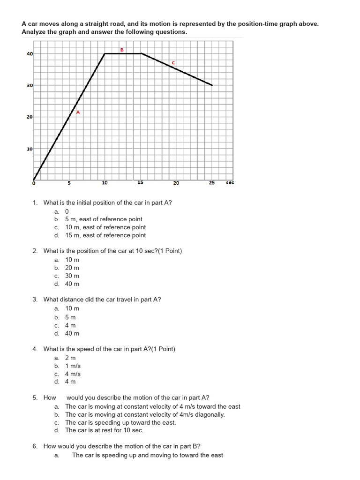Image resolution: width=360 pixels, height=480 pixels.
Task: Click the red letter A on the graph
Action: (x=78, y=112)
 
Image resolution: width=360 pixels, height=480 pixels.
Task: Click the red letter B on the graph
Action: (x=122, y=49)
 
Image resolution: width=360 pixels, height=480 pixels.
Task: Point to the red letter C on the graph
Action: (x=173, y=62)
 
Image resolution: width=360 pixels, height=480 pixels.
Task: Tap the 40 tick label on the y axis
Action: (x=30, y=54)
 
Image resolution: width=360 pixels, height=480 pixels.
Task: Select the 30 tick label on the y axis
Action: (x=30, y=86)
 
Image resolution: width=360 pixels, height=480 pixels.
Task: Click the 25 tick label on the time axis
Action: (x=212, y=183)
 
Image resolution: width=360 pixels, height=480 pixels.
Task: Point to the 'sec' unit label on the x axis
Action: (x=230, y=183)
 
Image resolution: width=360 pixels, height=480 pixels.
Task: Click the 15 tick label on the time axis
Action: (x=140, y=183)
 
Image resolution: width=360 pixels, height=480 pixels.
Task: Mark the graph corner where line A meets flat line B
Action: (x=105, y=53)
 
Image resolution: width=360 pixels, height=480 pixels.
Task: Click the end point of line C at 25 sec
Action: (x=212, y=85)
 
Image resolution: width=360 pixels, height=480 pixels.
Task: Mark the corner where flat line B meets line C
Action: (x=141, y=53)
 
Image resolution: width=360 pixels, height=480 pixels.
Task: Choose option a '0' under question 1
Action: (x=67, y=211)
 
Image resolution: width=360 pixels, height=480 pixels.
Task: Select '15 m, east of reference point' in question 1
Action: (x=105, y=235)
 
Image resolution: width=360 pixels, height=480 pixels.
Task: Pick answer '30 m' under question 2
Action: (x=72, y=276)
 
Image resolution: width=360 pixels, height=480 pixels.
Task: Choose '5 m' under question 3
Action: (x=70, y=317)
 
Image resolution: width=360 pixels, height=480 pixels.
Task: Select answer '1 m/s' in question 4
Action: (x=73, y=366)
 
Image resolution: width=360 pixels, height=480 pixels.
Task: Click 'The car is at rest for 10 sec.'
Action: (x=104, y=430)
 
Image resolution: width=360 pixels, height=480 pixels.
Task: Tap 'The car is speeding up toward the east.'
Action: (x=120, y=422)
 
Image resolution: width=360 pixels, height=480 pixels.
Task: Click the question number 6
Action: (x=35, y=446)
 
